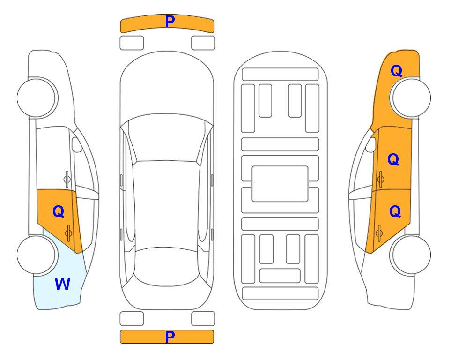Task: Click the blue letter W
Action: coord(62,284)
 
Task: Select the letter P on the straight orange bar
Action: coord(170,337)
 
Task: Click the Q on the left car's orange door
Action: coord(59,211)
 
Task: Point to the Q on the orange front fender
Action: coord(396,71)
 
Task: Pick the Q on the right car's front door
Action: coord(393,159)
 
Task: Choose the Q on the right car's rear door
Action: coord(395,211)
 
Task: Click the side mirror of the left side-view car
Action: coord(77,144)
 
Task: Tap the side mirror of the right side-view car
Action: coord(371,144)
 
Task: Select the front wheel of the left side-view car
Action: coord(36,98)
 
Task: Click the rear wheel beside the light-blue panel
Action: coord(36,255)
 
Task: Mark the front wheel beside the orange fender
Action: coord(411,98)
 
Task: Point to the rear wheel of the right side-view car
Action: coord(411,255)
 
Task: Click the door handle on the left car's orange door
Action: coord(68,233)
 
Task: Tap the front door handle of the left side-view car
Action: coord(67,179)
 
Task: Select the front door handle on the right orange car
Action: coord(380,179)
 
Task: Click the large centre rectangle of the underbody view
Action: coord(280,184)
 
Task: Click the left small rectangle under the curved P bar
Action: coord(132,43)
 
